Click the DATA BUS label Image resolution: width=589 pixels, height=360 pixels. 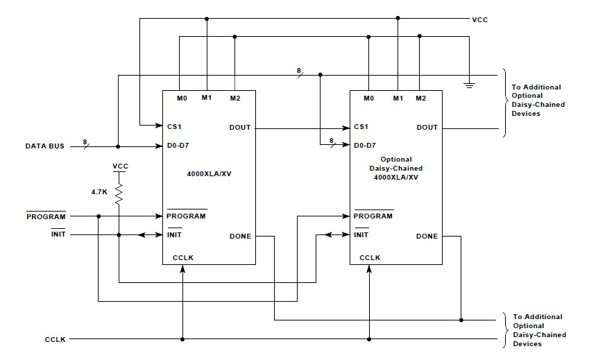(x=45, y=146)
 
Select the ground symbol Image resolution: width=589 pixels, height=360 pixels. (x=470, y=85)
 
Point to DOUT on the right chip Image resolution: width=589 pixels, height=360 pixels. (x=427, y=127)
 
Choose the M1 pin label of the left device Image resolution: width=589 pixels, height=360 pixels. (x=207, y=98)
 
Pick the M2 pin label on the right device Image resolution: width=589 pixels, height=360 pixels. (x=421, y=98)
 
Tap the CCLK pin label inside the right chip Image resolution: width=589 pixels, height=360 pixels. (x=370, y=258)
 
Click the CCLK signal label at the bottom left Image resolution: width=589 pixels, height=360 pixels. (x=56, y=340)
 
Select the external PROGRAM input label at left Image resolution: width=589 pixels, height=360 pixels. (x=46, y=216)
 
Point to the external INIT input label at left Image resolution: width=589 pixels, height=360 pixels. (x=58, y=235)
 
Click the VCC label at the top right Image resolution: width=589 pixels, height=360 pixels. (x=480, y=20)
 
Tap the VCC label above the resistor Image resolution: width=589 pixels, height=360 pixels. (x=120, y=166)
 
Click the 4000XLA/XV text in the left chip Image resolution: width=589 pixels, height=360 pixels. (x=210, y=175)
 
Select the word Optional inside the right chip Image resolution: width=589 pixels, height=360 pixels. (x=395, y=160)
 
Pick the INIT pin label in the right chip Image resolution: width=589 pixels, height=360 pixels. (x=361, y=235)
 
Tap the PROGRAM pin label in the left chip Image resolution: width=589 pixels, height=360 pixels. (x=186, y=216)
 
